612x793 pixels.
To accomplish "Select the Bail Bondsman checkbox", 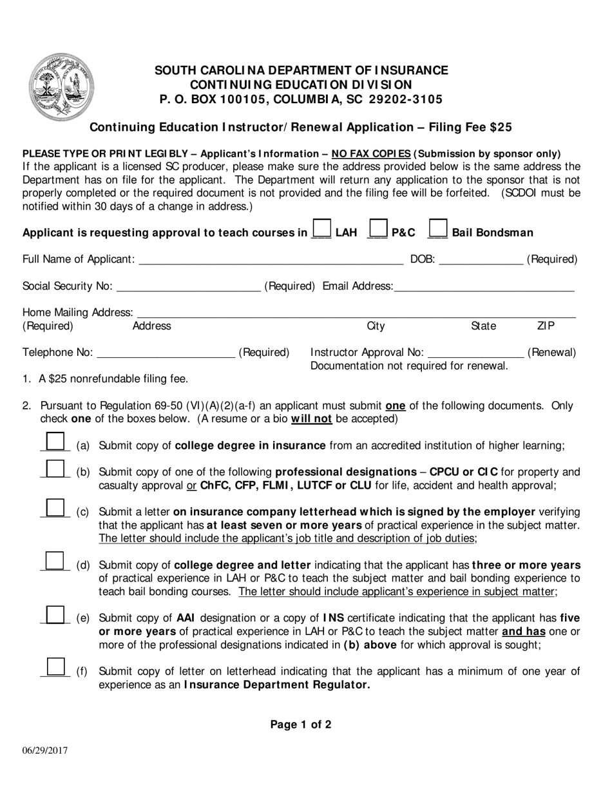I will pos(438,230).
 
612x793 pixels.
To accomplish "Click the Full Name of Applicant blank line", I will pos(271,260).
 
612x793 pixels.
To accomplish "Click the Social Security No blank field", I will pos(188,286).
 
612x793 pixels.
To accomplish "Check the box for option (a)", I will pos(56,442).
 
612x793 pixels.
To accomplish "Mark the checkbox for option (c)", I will pos(56,508).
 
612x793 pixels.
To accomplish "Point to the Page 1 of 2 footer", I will pos(301,725).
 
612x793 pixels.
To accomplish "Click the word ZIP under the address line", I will pos(546,326).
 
